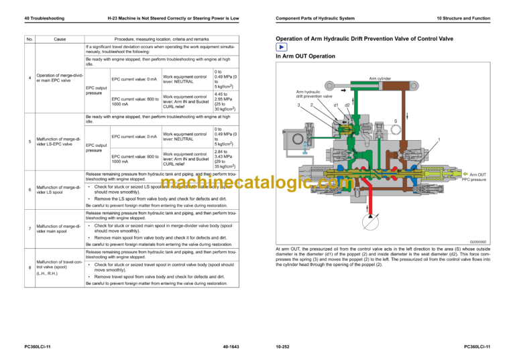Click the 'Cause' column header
[x=59, y=40]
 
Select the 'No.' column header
[x=30, y=40]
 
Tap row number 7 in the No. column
[x=30, y=229]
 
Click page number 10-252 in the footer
[x=283, y=346]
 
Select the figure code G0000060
[x=480, y=241]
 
